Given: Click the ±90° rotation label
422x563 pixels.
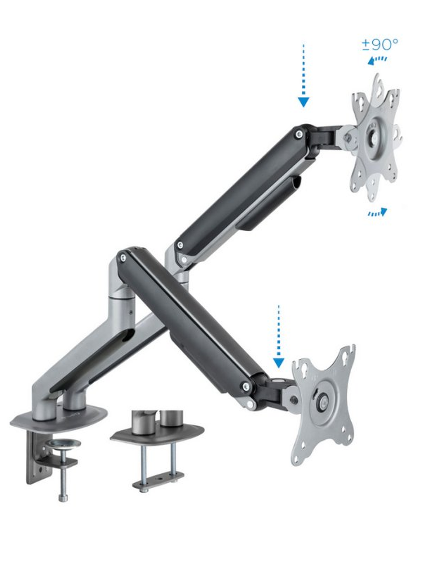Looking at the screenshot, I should tap(380, 45).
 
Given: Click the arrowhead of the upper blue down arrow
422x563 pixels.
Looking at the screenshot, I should tap(304, 101).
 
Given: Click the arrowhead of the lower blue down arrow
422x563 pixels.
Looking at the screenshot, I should tap(278, 363).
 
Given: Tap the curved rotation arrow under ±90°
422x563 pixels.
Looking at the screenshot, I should tap(377, 60).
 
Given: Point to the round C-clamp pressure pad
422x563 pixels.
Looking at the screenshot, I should tap(66, 443).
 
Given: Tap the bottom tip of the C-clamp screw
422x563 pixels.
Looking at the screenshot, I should tap(63, 499).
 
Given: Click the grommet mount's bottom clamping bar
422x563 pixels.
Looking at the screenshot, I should tap(158, 481).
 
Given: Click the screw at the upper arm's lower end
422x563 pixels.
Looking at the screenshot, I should tap(180, 245).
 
